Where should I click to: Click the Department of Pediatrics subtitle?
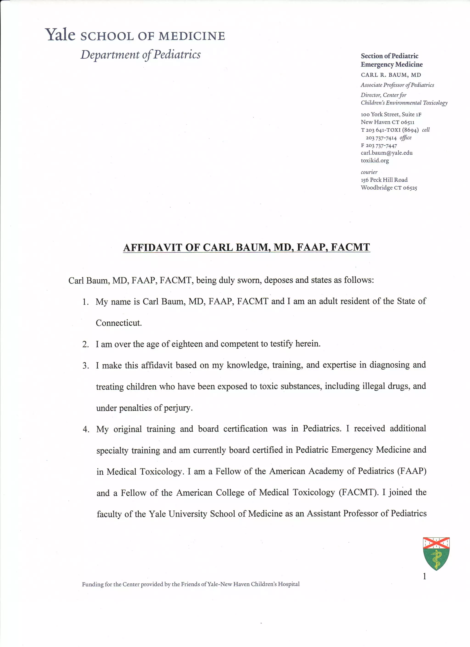point(140,54)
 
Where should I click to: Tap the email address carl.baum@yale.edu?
point(386,153)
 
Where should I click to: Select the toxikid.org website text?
point(375,161)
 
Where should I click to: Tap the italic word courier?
point(369,172)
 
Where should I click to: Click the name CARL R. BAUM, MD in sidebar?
point(391,75)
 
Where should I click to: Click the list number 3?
point(86,366)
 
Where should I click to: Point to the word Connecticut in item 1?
point(119,323)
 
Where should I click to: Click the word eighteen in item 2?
point(187,344)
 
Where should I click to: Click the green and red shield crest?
point(436,553)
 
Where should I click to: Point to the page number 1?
point(424,577)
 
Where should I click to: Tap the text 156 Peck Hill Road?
point(384,180)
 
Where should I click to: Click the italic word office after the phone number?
point(406,138)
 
